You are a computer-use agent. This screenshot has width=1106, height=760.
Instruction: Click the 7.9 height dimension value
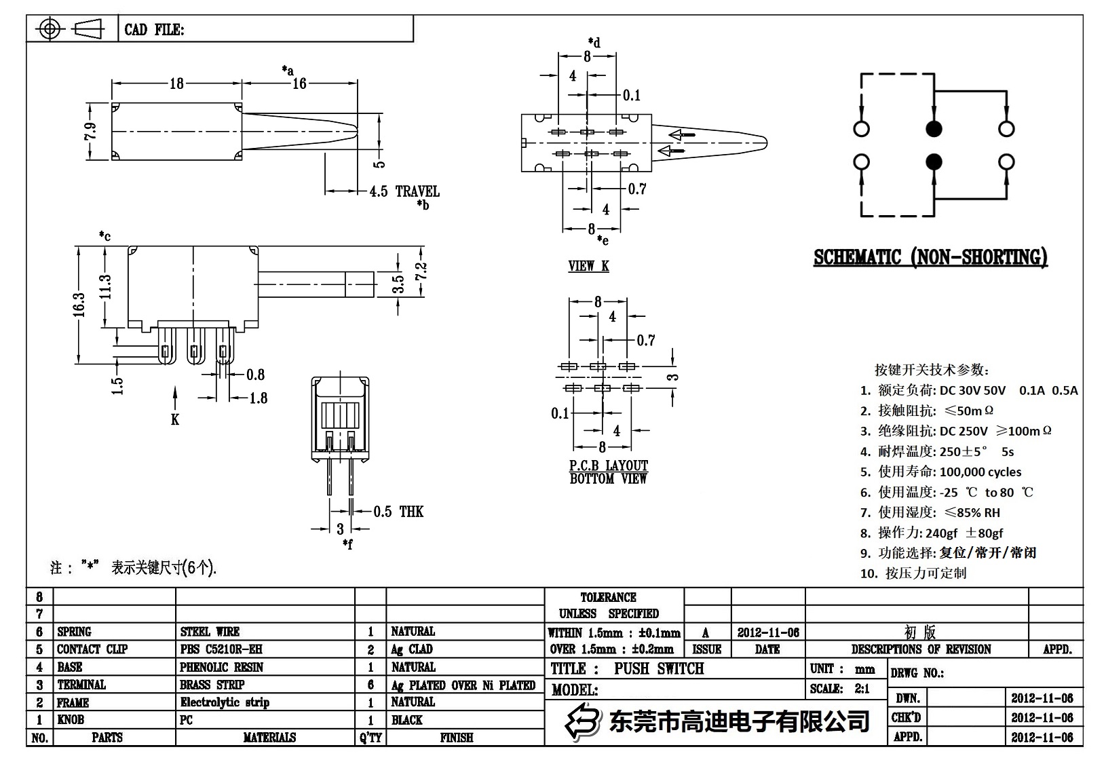tap(90, 131)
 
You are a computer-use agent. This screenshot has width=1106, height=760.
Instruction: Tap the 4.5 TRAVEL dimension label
tap(404, 191)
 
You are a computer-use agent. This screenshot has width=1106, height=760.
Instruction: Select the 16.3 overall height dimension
tap(80, 305)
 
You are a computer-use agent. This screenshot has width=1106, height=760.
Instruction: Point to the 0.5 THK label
tap(398, 512)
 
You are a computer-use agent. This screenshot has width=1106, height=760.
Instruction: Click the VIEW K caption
tap(588, 266)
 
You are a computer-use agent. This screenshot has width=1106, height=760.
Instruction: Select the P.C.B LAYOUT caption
tap(608, 466)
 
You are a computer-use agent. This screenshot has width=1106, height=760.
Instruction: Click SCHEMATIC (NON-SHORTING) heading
tap(930, 258)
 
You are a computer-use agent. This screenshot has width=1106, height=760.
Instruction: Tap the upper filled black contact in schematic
tap(934, 129)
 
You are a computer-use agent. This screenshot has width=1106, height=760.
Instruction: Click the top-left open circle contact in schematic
tap(862, 129)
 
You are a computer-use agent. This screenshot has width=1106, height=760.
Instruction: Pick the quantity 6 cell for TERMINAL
tap(370, 685)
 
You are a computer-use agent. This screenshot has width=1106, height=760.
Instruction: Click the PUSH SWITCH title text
tap(659, 669)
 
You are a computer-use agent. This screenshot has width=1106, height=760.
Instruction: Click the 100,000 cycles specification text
tap(980, 472)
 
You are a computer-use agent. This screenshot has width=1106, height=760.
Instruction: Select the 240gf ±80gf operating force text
tap(964, 533)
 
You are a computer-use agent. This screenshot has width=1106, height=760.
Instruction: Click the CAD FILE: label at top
tap(154, 30)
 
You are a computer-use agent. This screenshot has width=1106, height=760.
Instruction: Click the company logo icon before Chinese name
tap(584, 721)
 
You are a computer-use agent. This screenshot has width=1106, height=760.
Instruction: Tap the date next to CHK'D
tap(1042, 717)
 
